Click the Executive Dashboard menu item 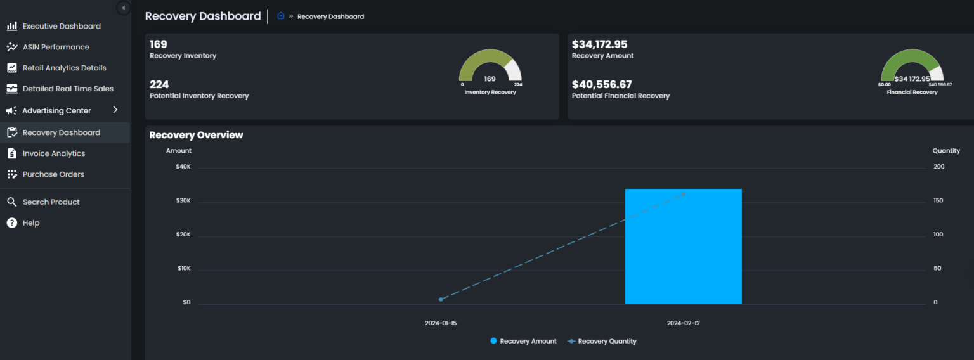point(62,26)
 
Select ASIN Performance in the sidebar point(56,47)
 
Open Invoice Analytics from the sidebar point(53,153)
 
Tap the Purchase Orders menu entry point(53,174)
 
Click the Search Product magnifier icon point(11,202)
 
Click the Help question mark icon point(11,223)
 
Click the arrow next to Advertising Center point(115,110)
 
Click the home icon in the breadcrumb point(281,16)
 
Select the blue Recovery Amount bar point(683,247)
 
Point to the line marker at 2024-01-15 point(441,299)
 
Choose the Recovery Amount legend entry point(523,341)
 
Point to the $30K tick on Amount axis point(183,201)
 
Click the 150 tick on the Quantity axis point(938,201)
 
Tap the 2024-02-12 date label point(683,323)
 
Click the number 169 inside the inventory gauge point(490,79)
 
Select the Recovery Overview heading point(196,135)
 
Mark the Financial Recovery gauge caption point(912,92)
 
